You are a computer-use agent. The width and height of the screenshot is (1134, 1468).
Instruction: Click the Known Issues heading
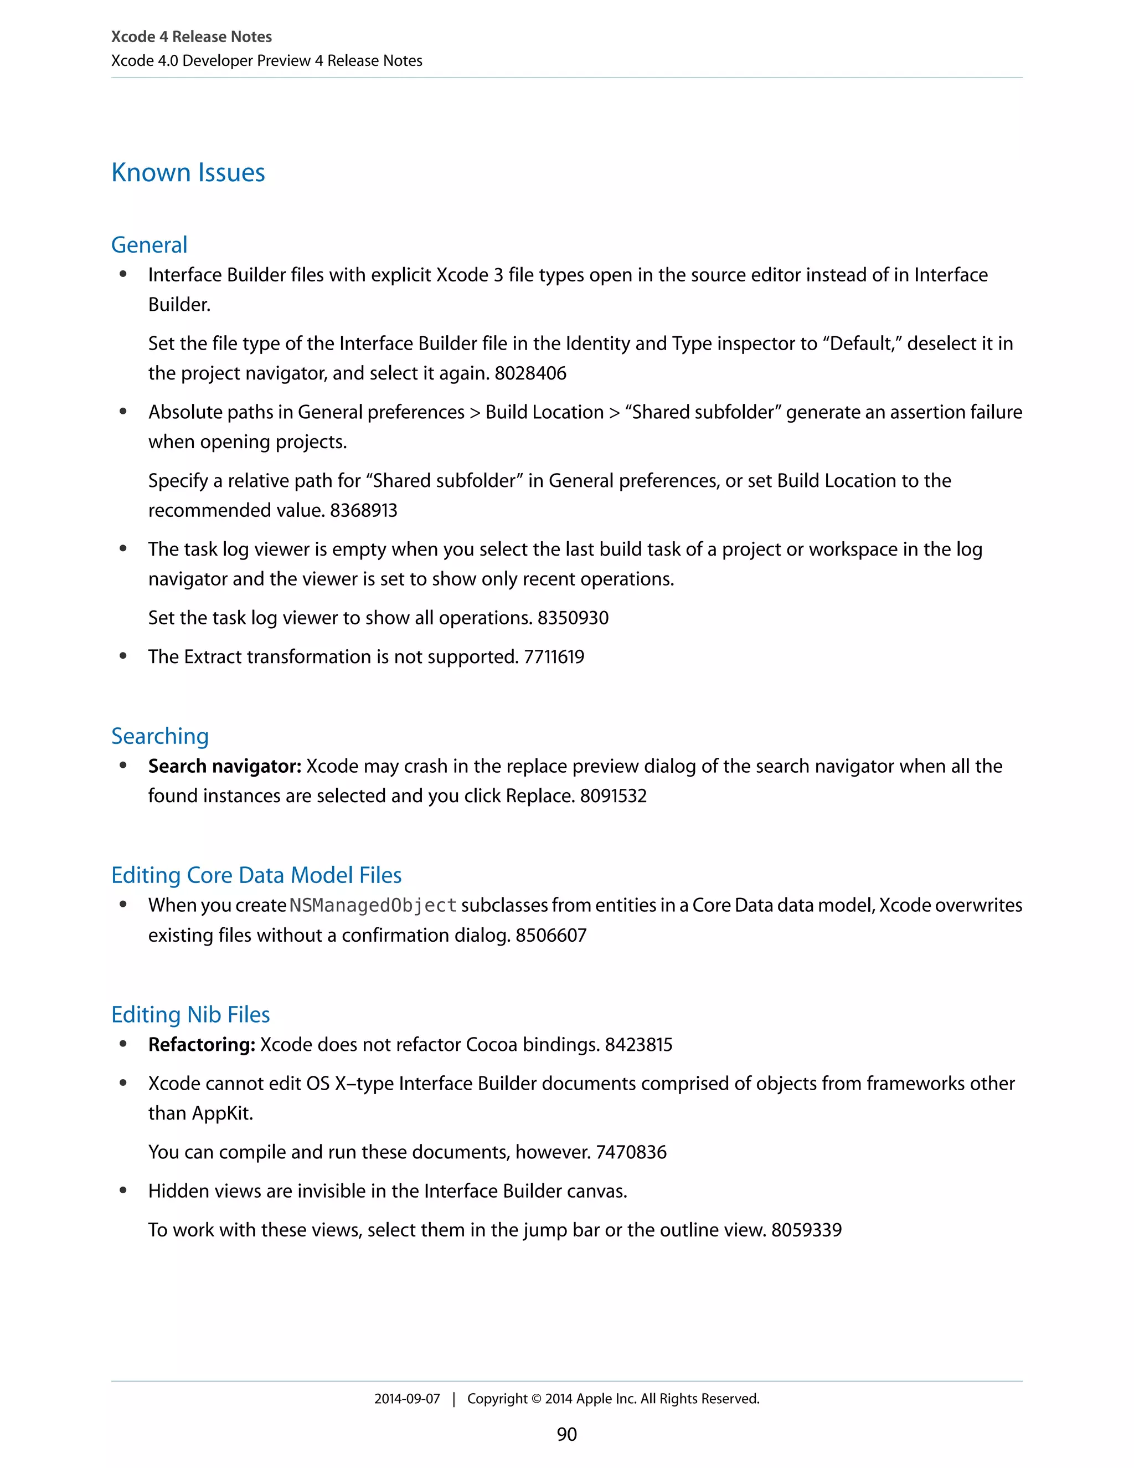coord(188,173)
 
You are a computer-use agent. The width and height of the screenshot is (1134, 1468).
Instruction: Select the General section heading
coord(149,245)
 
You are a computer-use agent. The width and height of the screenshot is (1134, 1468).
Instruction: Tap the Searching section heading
coord(160,736)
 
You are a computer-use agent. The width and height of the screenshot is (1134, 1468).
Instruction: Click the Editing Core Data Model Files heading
coord(256,875)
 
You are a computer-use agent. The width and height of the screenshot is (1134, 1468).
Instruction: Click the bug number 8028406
coord(530,373)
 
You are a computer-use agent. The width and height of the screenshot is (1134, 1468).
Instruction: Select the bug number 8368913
coord(363,510)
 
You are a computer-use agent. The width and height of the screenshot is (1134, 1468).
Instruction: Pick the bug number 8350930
coord(573,618)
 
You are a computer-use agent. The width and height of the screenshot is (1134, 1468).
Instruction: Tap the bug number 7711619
coord(554,656)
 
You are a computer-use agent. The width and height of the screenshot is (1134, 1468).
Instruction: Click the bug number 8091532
coord(613,796)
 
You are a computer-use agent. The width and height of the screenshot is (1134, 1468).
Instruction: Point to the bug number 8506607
coord(551,935)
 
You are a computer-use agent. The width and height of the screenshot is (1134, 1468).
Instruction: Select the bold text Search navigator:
coord(224,766)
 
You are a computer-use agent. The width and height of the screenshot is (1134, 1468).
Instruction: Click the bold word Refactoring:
coord(202,1045)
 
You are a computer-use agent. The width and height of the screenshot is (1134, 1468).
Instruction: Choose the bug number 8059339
coord(806,1230)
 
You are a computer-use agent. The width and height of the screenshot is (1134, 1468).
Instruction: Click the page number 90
coord(566,1434)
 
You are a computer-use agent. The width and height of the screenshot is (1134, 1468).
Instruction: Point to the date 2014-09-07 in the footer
coord(406,1399)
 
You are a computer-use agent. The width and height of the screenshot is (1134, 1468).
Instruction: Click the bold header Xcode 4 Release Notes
coord(192,37)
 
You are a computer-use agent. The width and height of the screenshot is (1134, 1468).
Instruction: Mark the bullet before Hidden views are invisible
coord(123,1190)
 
